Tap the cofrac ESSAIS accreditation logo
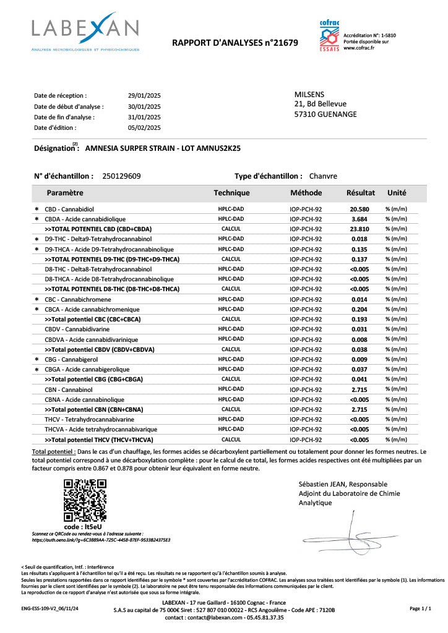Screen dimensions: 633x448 coord(329,36)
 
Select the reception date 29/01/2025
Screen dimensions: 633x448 coord(144,96)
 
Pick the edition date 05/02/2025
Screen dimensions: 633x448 coord(144,127)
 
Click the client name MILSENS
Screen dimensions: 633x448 coord(309,94)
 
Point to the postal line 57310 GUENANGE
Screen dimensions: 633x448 coord(325,114)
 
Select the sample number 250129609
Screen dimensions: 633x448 coord(121,176)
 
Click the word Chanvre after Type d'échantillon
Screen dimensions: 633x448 coord(323,176)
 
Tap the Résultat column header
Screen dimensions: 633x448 coord(361,193)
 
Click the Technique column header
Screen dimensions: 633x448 coord(231,193)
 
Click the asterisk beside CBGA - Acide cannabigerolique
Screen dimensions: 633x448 coord(37,370)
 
